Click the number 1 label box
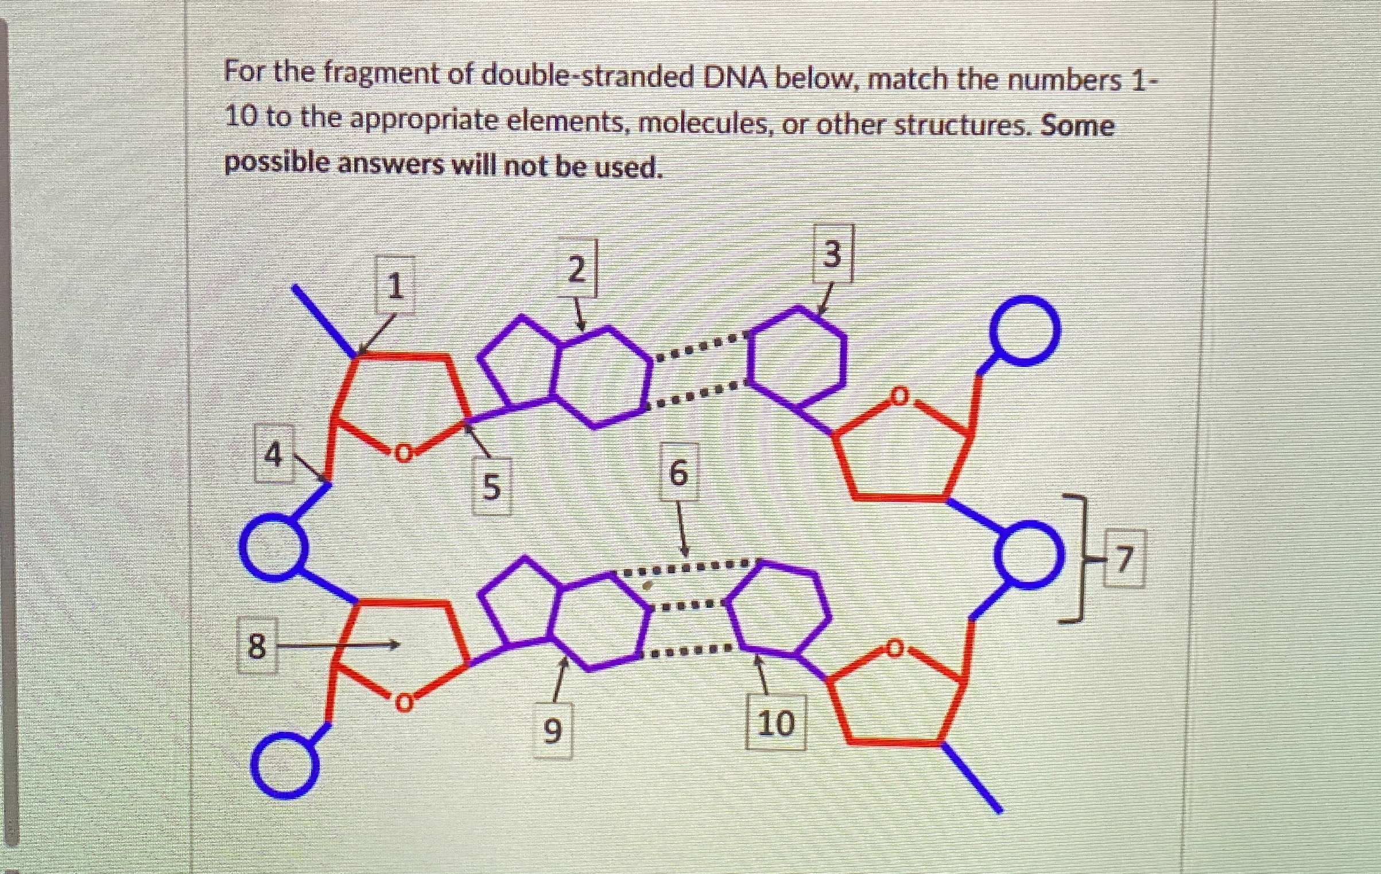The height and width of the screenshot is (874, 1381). [x=395, y=286]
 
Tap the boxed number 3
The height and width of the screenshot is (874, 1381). [x=832, y=254]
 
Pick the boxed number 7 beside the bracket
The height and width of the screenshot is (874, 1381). [x=1124, y=559]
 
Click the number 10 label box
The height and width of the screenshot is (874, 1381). [x=775, y=723]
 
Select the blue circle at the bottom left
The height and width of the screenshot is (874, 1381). [x=285, y=765]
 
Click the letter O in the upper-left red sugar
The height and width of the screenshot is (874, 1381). [x=404, y=453]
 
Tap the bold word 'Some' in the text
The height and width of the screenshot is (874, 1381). [x=1077, y=125]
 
